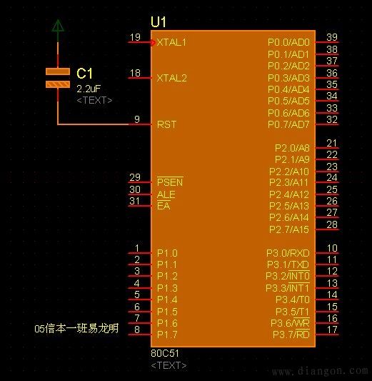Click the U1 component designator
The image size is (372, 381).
(x=159, y=22)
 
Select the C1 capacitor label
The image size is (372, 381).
(x=84, y=73)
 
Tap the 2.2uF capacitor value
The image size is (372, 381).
(x=89, y=89)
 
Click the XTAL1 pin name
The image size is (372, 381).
(x=171, y=42)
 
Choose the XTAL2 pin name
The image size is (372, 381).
(x=172, y=78)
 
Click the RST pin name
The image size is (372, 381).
(x=166, y=124)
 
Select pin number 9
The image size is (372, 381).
(x=137, y=119)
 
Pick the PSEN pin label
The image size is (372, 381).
(x=170, y=182)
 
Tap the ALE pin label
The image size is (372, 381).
(x=166, y=194)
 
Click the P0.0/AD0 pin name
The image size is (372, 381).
(x=288, y=42)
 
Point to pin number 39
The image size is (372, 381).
(x=332, y=37)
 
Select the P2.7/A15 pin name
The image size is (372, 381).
(x=289, y=229)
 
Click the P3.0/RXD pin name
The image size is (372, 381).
(x=288, y=253)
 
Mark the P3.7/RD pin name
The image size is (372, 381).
(x=291, y=335)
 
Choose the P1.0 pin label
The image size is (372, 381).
(x=167, y=253)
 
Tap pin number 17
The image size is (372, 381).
(x=332, y=330)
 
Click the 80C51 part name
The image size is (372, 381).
(x=165, y=353)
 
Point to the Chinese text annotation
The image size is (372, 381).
(x=76, y=329)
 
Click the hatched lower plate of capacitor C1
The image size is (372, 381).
(x=58, y=84)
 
